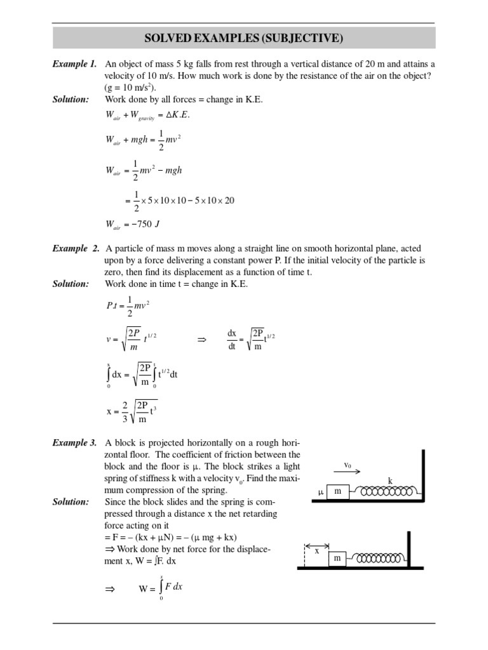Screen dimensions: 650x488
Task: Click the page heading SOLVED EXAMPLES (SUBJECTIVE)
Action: [x=244, y=39]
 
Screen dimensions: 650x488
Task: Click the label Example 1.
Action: [x=74, y=64]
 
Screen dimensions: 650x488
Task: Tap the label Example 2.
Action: [x=74, y=248]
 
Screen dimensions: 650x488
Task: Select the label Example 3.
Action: [x=74, y=442]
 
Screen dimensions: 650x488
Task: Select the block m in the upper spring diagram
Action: [x=338, y=492]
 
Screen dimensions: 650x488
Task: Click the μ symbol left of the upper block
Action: [x=321, y=493]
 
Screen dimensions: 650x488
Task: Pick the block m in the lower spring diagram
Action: [x=338, y=558]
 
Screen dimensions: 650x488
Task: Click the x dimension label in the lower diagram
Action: [x=316, y=552]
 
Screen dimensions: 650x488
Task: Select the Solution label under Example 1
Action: [x=71, y=100]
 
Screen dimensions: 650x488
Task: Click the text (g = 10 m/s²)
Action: [x=130, y=88]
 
